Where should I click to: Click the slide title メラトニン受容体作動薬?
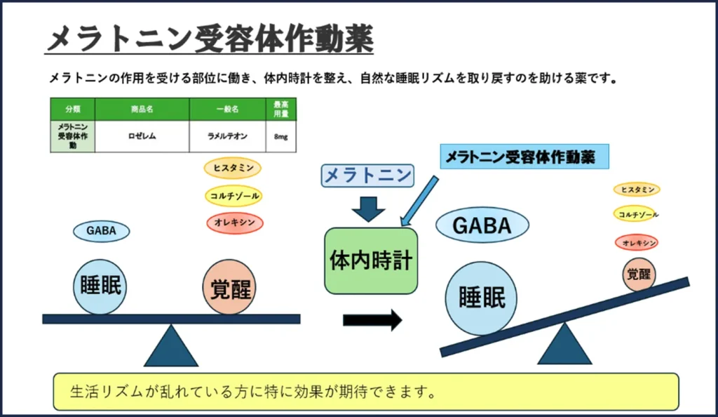pos(210,39)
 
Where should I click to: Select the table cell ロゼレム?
pos(142,136)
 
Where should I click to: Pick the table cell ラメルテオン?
pos(227,136)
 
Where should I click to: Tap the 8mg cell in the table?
pos(281,136)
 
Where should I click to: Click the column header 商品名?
pos(142,110)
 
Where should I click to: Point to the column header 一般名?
pos(227,110)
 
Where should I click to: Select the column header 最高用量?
pos(281,109)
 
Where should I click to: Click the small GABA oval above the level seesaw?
pos(102,230)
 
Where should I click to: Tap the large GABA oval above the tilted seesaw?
pos(482,225)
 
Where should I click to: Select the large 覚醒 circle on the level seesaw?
pos(231,286)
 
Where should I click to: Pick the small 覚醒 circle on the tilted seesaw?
pos(639,274)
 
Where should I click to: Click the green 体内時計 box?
pos(371,260)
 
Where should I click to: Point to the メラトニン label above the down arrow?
pos(368,175)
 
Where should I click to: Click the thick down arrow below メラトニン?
pos(368,208)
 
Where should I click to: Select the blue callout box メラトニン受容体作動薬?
pos(524,157)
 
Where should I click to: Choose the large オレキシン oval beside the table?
pos(235,223)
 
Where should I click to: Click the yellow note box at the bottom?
pos(366,391)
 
